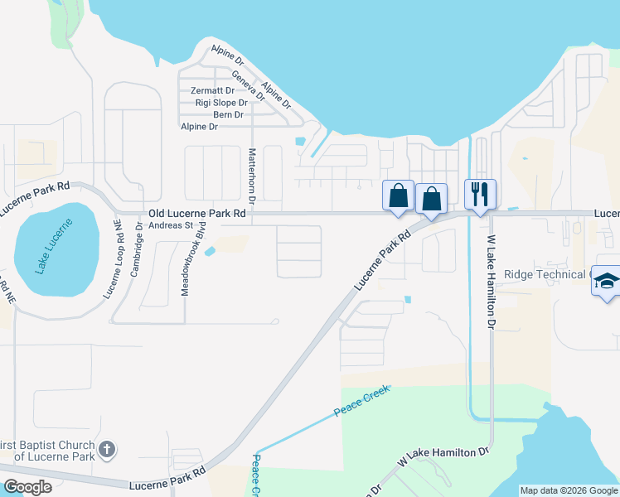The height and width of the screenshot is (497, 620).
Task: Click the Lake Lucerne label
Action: [x=55, y=245]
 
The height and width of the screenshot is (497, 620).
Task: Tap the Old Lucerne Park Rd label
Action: [x=197, y=214]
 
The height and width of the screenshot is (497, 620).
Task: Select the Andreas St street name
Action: [x=171, y=224]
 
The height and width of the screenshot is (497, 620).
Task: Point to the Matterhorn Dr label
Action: [x=252, y=174]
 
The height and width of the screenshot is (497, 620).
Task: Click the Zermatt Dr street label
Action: [x=212, y=90]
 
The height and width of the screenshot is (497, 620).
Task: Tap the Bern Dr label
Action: [x=228, y=114]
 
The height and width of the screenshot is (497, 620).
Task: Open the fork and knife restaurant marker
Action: [x=480, y=195]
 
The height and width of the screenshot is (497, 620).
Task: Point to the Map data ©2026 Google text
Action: [x=568, y=490]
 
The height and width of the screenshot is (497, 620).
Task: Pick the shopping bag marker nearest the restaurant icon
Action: [x=431, y=199]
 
